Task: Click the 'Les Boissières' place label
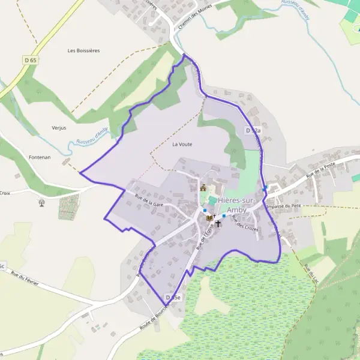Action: [83, 51]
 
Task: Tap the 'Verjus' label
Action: [59, 128]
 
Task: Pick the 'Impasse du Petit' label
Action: [283, 206]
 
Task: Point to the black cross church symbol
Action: [218, 224]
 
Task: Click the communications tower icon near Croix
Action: [41, 202]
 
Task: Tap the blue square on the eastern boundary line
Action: [265, 188]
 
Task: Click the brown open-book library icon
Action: [209, 218]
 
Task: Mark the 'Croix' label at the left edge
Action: [5, 193]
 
